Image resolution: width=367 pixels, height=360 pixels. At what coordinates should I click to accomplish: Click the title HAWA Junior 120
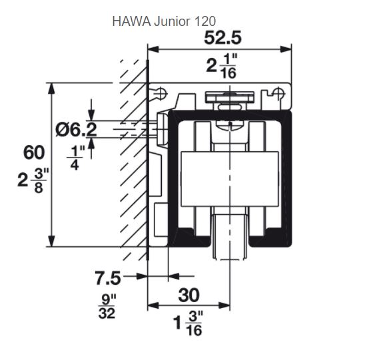point(164,21)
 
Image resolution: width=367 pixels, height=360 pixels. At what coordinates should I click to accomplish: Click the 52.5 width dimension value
point(222,38)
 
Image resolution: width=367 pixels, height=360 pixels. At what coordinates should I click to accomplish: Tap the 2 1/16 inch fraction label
point(222,66)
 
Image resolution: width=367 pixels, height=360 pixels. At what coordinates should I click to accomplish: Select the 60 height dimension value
point(34,152)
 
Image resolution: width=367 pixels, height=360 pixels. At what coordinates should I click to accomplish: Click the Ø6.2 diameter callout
point(77,130)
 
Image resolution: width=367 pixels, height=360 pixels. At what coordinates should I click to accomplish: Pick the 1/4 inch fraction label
point(76,158)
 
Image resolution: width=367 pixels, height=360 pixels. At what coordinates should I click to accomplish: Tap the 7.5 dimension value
point(108,278)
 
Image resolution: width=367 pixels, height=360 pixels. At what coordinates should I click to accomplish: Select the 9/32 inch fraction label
point(107,307)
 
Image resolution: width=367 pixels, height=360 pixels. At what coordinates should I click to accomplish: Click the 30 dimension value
point(189,295)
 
